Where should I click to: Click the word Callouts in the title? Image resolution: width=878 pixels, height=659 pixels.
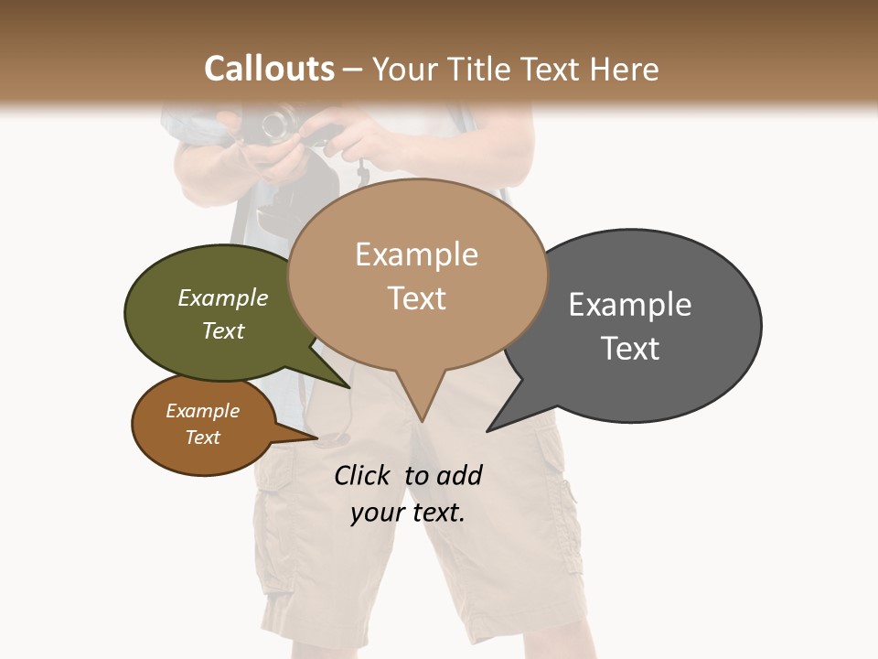pos(269,69)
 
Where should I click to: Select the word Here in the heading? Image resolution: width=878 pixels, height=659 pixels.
pos(624,69)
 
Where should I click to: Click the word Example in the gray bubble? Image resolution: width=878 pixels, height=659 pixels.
pos(630,304)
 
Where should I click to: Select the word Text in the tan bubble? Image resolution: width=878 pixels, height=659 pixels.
pos(416,298)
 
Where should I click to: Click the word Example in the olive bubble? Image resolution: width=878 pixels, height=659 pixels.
pos(222,298)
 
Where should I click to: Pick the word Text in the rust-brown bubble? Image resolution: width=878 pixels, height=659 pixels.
pos(202,438)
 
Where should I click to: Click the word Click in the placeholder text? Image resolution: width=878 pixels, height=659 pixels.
pos(361,475)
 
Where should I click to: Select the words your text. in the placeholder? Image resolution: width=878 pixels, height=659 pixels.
pos(408,513)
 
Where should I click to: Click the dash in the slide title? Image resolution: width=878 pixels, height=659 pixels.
pos(353,70)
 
